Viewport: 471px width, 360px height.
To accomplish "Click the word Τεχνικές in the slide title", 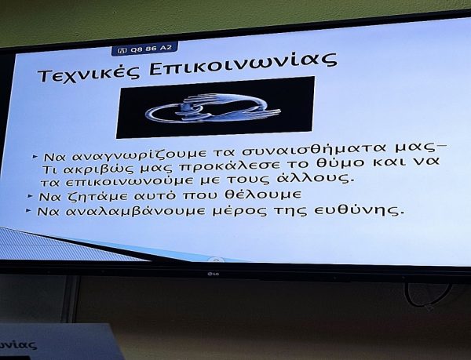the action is point(89,74).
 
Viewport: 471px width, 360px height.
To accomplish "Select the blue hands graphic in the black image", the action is point(213,108).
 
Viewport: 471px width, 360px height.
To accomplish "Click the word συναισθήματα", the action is point(312,149).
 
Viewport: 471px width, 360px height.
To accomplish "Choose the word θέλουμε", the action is point(263,195).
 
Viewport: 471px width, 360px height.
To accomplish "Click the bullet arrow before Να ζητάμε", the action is point(30,197).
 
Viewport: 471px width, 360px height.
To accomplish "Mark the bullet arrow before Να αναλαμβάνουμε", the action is point(28,211).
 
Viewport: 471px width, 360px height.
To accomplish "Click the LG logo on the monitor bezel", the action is point(214,273).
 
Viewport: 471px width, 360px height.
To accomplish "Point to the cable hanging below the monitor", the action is point(426,297).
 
